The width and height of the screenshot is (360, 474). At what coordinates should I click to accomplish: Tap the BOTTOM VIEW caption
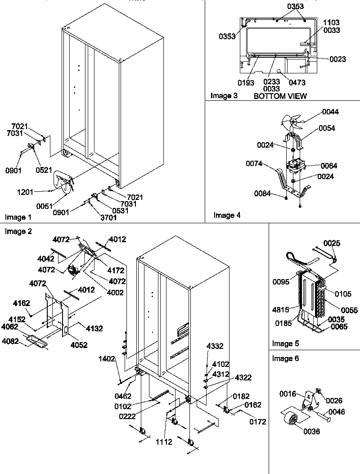click(x=280, y=96)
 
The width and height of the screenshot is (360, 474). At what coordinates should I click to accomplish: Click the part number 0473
click(x=297, y=83)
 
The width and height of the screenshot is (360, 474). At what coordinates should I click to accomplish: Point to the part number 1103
click(x=331, y=23)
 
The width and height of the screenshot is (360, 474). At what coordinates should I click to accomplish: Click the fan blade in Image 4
click(x=288, y=121)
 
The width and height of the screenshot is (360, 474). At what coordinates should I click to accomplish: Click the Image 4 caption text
click(x=227, y=215)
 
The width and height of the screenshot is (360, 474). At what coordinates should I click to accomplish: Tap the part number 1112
click(x=164, y=442)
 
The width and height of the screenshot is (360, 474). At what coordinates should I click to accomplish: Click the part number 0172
click(x=257, y=422)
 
